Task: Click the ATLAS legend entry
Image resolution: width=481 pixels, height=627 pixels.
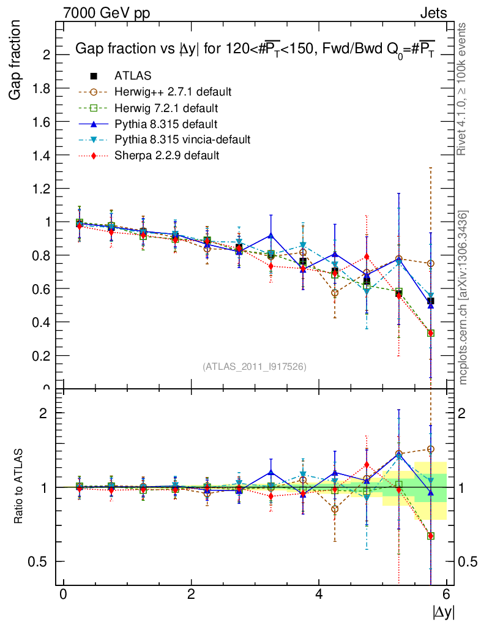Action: pyautogui.click(x=133, y=76)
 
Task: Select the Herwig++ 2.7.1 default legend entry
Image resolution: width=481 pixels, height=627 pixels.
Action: pyautogui.click(x=173, y=92)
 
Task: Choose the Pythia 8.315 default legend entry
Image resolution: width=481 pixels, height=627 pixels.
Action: pyautogui.click(x=165, y=124)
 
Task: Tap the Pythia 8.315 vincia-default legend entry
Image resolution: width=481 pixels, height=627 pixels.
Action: pyautogui.click(x=182, y=140)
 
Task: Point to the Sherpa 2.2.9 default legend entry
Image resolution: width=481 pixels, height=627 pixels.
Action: pyautogui.click(x=166, y=156)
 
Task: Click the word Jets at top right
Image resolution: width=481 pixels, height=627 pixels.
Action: pyautogui.click(x=433, y=13)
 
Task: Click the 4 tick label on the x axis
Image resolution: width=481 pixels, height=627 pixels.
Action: pyautogui.click(x=319, y=595)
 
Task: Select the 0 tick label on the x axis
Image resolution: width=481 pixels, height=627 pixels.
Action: pyautogui.click(x=62, y=595)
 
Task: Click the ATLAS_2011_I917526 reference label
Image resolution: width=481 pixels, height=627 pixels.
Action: pyautogui.click(x=255, y=366)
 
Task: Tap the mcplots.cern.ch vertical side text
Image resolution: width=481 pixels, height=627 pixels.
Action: pyautogui.click(x=464, y=298)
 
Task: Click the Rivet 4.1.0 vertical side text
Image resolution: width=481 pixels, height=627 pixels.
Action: pyautogui.click(x=464, y=89)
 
